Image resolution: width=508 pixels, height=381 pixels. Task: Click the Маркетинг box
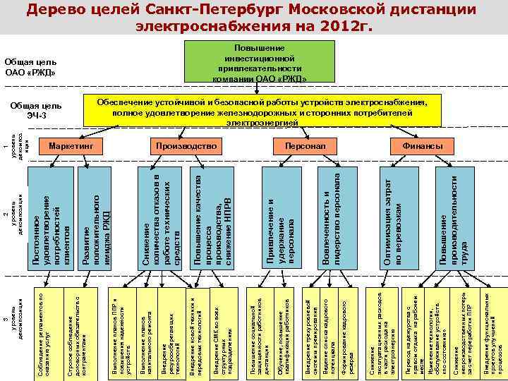coord(71,145)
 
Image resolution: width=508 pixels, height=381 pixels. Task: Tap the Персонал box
coord(305,145)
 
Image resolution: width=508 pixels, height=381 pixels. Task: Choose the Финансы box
coord(423,145)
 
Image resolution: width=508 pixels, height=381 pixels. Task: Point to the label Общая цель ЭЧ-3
coord(36,110)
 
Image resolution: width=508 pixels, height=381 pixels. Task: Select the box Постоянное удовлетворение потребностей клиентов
coord(52,218)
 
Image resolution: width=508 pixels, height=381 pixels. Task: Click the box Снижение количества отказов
coord(162,218)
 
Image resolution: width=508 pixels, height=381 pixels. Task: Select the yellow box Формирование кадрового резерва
coord(346,329)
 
